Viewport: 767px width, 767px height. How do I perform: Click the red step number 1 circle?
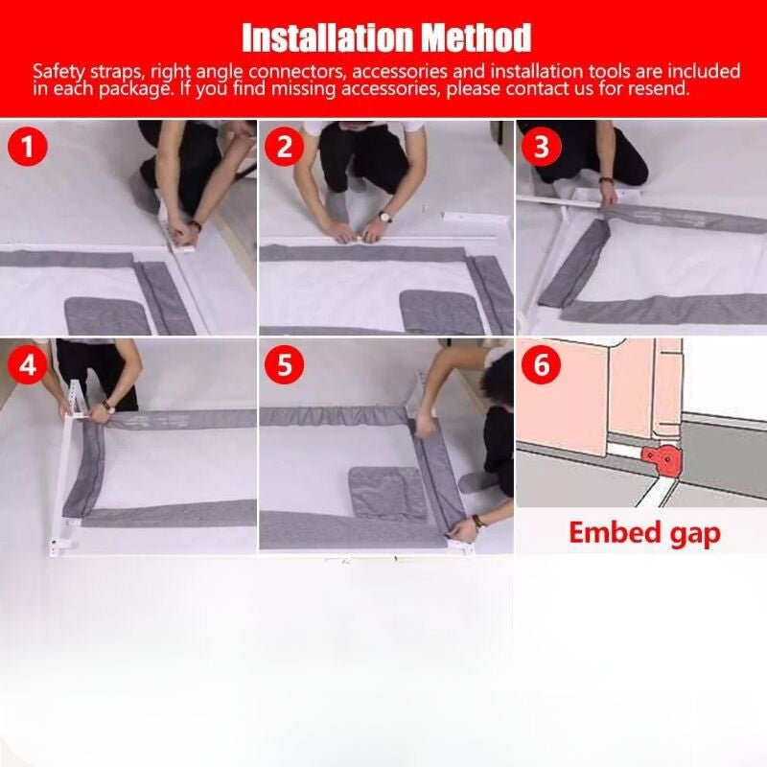pyautogui.click(x=28, y=147)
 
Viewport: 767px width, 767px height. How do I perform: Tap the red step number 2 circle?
pyautogui.click(x=284, y=147)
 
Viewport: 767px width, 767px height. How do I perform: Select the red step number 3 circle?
pyautogui.click(x=541, y=147)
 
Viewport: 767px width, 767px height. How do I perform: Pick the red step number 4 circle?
pyautogui.click(x=28, y=364)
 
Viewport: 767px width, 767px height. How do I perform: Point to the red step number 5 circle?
pyautogui.click(x=284, y=364)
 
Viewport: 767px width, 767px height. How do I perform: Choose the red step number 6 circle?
pyautogui.click(x=541, y=364)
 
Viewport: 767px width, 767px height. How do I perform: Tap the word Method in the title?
pyautogui.click(x=476, y=37)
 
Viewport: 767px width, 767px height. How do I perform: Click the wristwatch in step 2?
pyautogui.click(x=384, y=217)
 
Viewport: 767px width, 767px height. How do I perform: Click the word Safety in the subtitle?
pyautogui.click(x=58, y=72)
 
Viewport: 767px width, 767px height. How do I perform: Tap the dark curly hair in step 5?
pyautogui.click(x=499, y=377)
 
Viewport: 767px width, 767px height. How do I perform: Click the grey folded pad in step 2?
pyautogui.click(x=440, y=312)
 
